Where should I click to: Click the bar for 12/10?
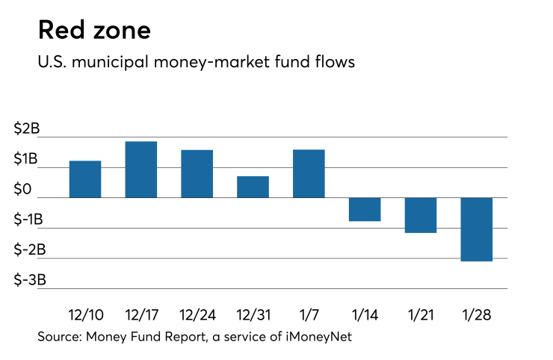pos(85,179)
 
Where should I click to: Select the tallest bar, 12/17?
pos(140,170)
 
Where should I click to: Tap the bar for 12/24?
pos(197,173)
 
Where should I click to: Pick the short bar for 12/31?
pos(253,187)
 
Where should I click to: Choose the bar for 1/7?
pos(309,173)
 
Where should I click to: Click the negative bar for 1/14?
pos(365,209)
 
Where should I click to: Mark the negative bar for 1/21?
pos(421,215)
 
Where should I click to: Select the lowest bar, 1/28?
pos(477,229)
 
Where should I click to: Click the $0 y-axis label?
pos(24,190)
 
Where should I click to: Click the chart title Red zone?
pos(94,31)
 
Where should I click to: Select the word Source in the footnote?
pos(59,337)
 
